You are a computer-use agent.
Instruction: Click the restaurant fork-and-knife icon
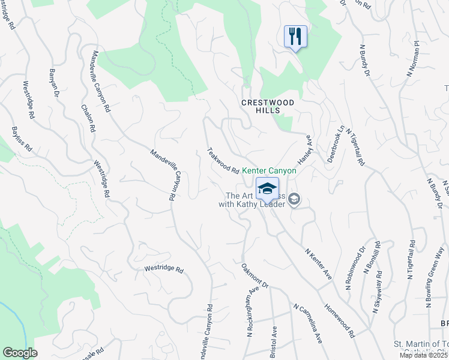click(295, 37)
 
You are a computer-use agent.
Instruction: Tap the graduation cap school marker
click(267, 189)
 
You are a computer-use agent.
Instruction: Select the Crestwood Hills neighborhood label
click(268, 106)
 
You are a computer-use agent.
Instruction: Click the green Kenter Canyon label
click(269, 171)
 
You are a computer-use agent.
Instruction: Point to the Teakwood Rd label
click(223, 160)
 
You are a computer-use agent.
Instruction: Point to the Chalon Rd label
click(88, 116)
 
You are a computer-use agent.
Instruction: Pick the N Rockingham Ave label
click(252, 309)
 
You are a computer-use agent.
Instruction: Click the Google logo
click(19, 353)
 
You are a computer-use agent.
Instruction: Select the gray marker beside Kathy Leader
click(294, 199)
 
